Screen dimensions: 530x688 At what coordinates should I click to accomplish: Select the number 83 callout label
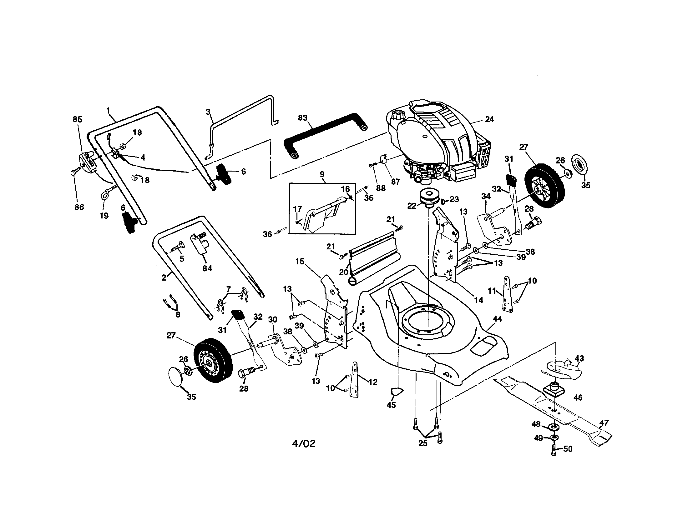[302, 118]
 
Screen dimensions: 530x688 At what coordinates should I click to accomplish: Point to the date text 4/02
[303, 444]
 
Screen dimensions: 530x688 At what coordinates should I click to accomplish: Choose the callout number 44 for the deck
[497, 319]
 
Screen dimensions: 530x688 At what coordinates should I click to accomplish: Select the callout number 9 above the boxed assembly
[322, 174]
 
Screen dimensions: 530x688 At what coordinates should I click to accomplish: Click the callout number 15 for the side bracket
[300, 261]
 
